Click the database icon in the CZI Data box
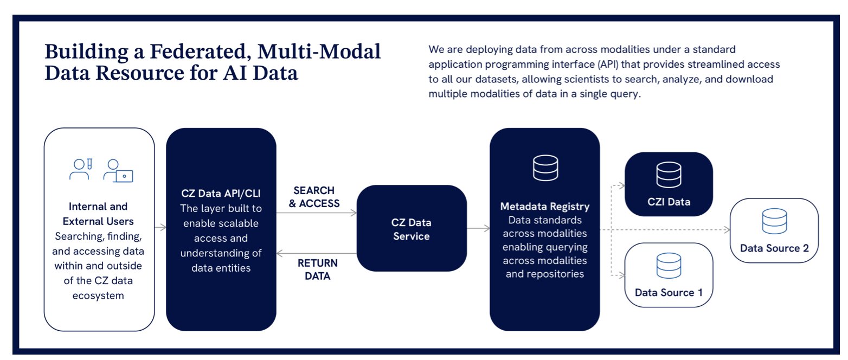pos(669,175)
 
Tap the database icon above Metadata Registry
pos(545,168)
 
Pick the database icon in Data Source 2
pos(774,220)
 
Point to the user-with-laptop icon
pos(119,170)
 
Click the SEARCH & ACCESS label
pos(314,197)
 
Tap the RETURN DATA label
pos(318,269)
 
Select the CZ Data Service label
pos(411,229)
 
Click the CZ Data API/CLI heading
pos(221,194)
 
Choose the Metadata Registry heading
pos(544,207)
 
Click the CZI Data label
pos(669,202)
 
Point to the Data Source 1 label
pos(669,293)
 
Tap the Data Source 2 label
pos(774,248)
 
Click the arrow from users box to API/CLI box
pos(160,228)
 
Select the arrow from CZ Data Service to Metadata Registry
pos(478,229)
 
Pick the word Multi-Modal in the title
pos(331,52)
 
